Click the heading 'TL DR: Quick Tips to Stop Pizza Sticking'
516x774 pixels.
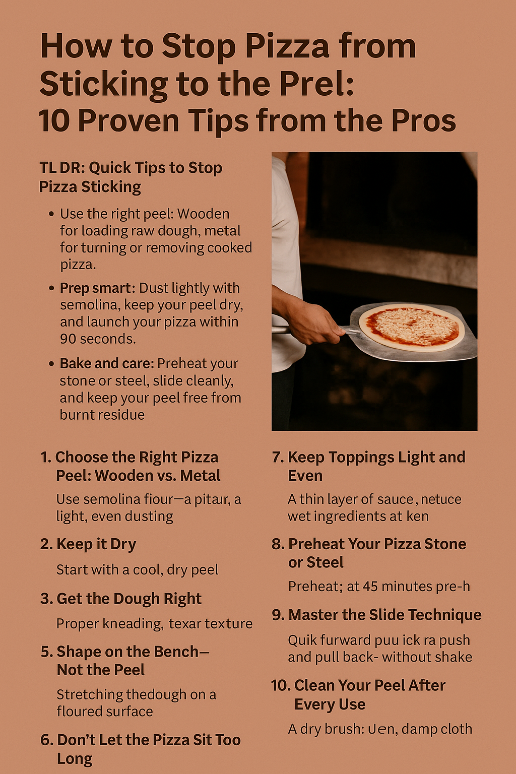tap(131, 177)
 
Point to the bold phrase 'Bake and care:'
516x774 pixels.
tap(106, 364)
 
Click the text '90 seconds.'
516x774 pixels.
tap(98, 339)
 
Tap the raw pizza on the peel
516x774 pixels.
tap(411, 328)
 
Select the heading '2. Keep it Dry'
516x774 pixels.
tap(88, 544)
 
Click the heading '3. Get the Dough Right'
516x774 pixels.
tap(121, 599)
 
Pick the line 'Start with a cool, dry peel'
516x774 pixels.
tap(137, 570)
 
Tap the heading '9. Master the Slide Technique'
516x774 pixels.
tap(376, 615)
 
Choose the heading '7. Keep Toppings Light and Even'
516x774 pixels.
tap(368, 466)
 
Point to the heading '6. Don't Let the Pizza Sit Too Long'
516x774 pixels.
tap(141, 749)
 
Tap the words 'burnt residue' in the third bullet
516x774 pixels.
tap(102, 415)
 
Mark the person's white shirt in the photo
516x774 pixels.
tap(286, 252)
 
